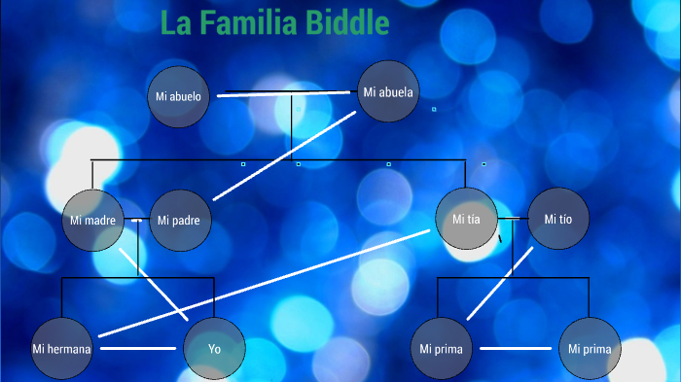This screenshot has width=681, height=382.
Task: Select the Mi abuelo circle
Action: [178, 96]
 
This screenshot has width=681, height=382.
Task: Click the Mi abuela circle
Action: [388, 93]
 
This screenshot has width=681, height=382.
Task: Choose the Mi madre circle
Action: [93, 221]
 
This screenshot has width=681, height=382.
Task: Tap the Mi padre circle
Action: [179, 221]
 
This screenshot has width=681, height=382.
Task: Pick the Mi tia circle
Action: [467, 220]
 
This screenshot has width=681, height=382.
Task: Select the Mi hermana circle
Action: [61, 348]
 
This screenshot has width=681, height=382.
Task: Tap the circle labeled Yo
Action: [214, 348]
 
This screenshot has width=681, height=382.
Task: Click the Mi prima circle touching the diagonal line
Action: [441, 348]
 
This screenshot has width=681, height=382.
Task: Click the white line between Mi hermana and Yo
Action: [138, 348]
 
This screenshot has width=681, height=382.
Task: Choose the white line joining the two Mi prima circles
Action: [516, 348]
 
